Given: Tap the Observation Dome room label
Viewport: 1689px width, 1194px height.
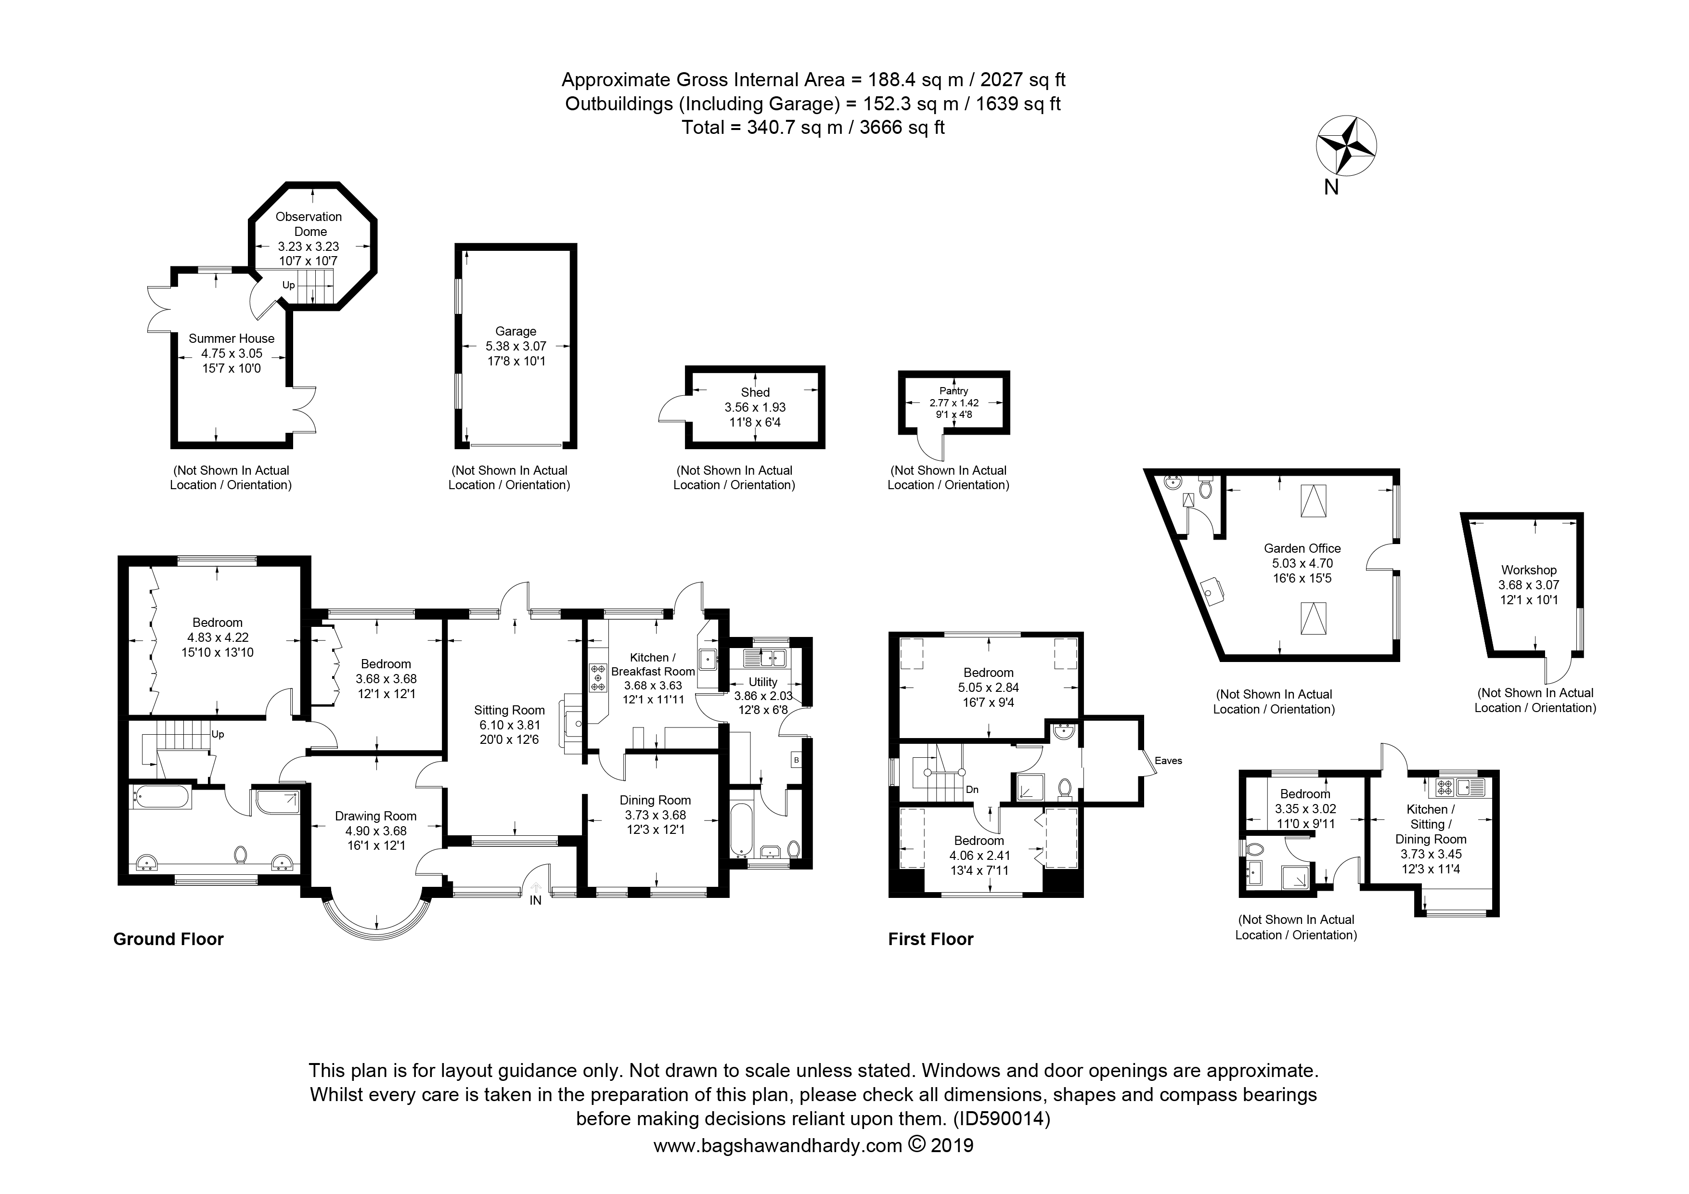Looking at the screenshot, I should coord(309,224).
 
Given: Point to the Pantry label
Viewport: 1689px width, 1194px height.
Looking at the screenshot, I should coord(954,390).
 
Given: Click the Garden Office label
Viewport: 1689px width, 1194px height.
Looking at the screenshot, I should coord(1302,548).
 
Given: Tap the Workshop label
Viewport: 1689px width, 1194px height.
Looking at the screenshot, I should coord(1529,570).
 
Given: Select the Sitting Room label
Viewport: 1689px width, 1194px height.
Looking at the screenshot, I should coord(509,710).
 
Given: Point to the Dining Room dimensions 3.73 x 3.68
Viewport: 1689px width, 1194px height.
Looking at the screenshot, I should coord(655,815).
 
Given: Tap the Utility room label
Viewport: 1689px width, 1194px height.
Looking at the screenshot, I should coord(763,682).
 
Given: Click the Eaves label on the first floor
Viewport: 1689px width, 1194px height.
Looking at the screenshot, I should coord(1168,761).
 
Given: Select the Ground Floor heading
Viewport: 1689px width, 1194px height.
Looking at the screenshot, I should coord(168,939).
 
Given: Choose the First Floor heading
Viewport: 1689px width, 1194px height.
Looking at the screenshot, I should coord(930,939).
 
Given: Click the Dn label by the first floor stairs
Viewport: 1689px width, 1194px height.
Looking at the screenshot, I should coord(972,790).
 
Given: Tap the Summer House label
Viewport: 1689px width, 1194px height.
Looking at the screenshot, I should coord(231,338).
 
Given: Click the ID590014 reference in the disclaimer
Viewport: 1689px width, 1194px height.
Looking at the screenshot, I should coord(1002,1119).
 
